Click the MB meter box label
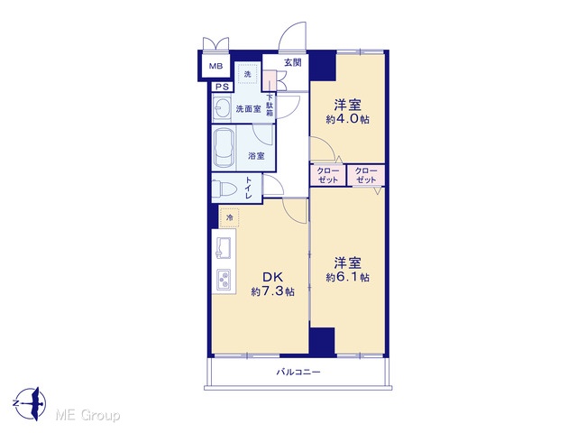tap(215, 66)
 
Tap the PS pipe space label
tap(222, 87)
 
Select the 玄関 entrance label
tap(292, 62)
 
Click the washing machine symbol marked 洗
tap(247, 74)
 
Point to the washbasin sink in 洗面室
tap(222, 108)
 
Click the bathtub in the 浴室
tap(224, 148)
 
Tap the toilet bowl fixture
tap(224, 189)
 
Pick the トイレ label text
tap(249, 188)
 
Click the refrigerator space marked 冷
tap(230, 217)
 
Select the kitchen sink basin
tap(223, 248)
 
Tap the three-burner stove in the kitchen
tap(224, 279)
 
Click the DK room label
tap(272, 277)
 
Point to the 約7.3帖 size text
tap(272, 291)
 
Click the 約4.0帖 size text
tap(347, 119)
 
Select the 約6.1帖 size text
tap(347, 277)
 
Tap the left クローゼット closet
tap(327, 175)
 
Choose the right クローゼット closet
tap(367, 175)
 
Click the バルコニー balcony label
tap(298, 372)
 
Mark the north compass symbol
tap(32, 403)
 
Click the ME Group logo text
tap(87, 416)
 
